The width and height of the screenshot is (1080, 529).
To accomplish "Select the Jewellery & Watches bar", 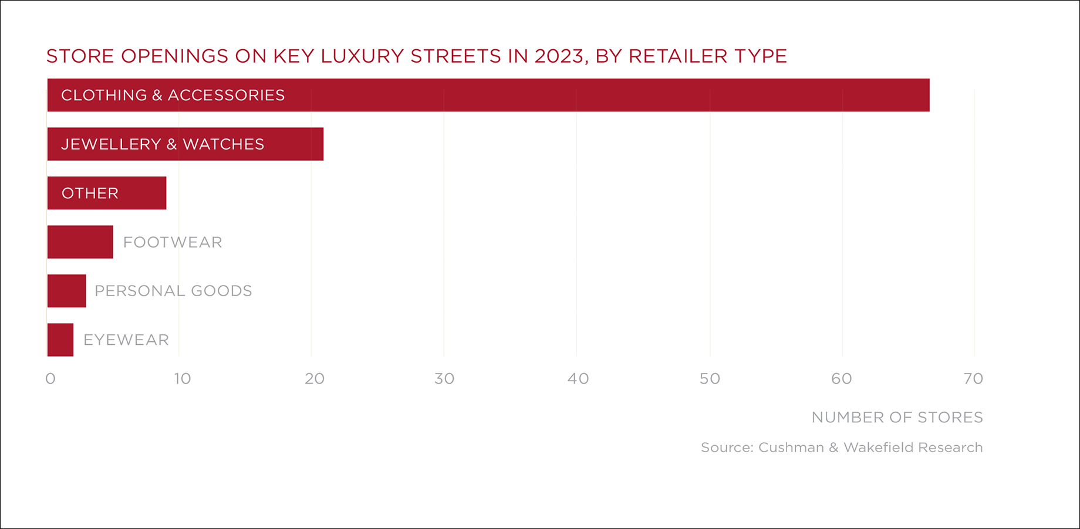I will [x=185, y=144].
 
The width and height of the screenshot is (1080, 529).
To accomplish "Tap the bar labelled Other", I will [x=107, y=193].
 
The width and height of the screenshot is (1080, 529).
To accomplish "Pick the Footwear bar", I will [x=80, y=242].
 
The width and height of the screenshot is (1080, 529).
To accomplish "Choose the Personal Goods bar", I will [x=67, y=291].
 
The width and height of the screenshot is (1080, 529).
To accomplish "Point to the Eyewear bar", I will [x=60, y=340].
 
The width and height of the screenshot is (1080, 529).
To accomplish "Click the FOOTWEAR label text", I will [x=173, y=242].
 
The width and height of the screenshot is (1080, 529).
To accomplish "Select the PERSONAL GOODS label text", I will [x=173, y=291].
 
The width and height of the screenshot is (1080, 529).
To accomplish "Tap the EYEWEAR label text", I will [x=126, y=340].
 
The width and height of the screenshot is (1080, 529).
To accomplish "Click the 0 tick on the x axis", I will [x=50, y=379].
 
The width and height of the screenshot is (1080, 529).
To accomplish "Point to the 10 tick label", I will [x=183, y=379].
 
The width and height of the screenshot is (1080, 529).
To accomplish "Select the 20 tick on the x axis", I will [x=315, y=379].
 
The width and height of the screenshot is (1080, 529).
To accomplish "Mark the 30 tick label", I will [x=444, y=379].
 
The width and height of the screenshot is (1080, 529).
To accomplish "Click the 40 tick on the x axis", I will [x=578, y=379].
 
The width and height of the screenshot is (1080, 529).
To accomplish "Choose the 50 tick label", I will [x=710, y=379].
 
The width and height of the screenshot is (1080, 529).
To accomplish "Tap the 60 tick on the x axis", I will [x=842, y=379].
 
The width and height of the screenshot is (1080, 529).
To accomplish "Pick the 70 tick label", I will [x=973, y=379].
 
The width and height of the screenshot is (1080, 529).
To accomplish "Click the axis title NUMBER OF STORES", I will [x=897, y=418].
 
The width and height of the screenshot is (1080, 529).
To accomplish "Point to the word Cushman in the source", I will [x=791, y=447].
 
